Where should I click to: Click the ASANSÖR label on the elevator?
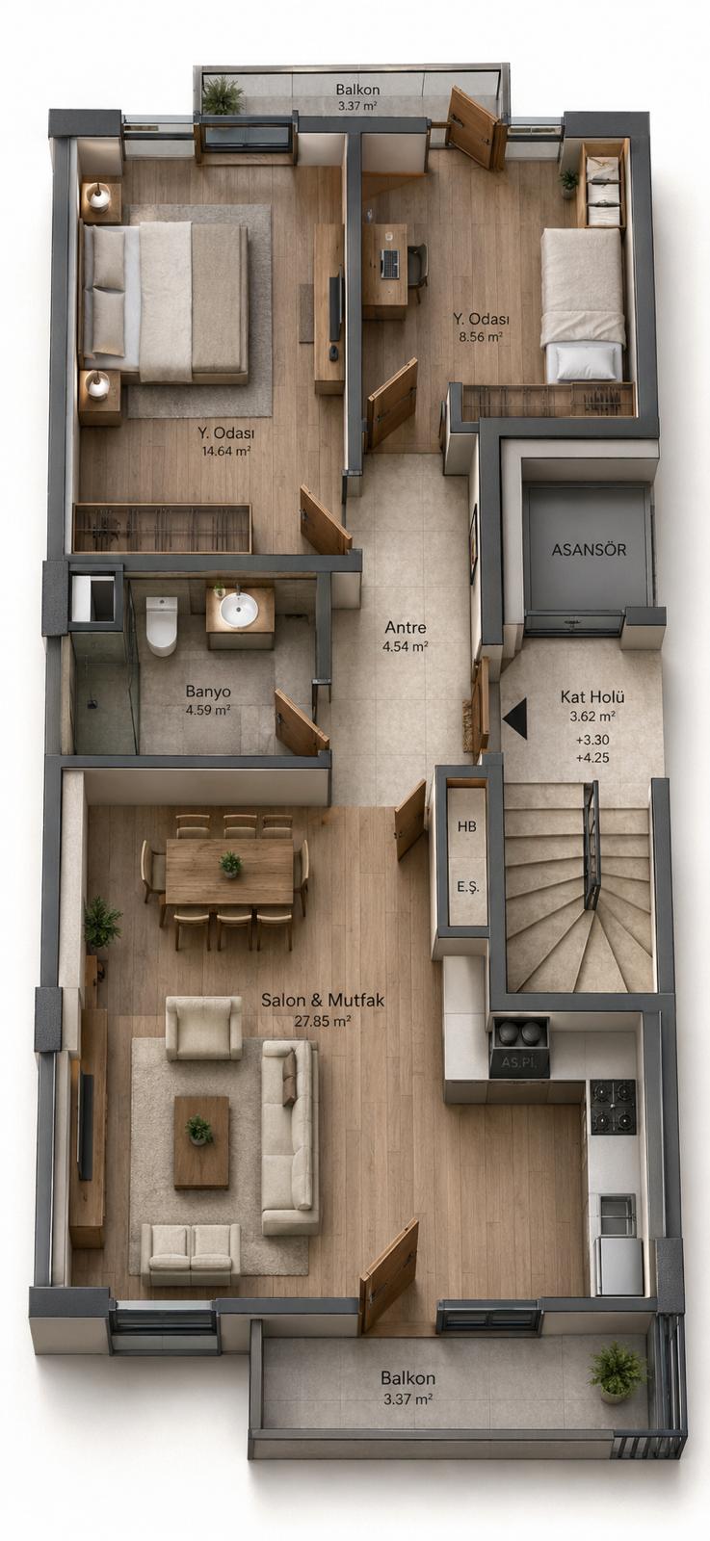589,550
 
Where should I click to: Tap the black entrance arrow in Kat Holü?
515,718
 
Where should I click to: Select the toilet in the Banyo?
162,625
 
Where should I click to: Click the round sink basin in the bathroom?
239,609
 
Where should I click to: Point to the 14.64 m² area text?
225,452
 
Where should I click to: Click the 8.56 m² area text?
481,337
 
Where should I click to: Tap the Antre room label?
406,627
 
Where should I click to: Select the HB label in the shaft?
466,826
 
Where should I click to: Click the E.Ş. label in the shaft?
468,887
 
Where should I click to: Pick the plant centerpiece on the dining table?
230,864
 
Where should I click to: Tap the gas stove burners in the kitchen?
613,1107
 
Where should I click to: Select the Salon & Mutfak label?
323,1001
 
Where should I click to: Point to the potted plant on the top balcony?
223,95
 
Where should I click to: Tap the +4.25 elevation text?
592,758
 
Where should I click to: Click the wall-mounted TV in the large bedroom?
336,307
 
